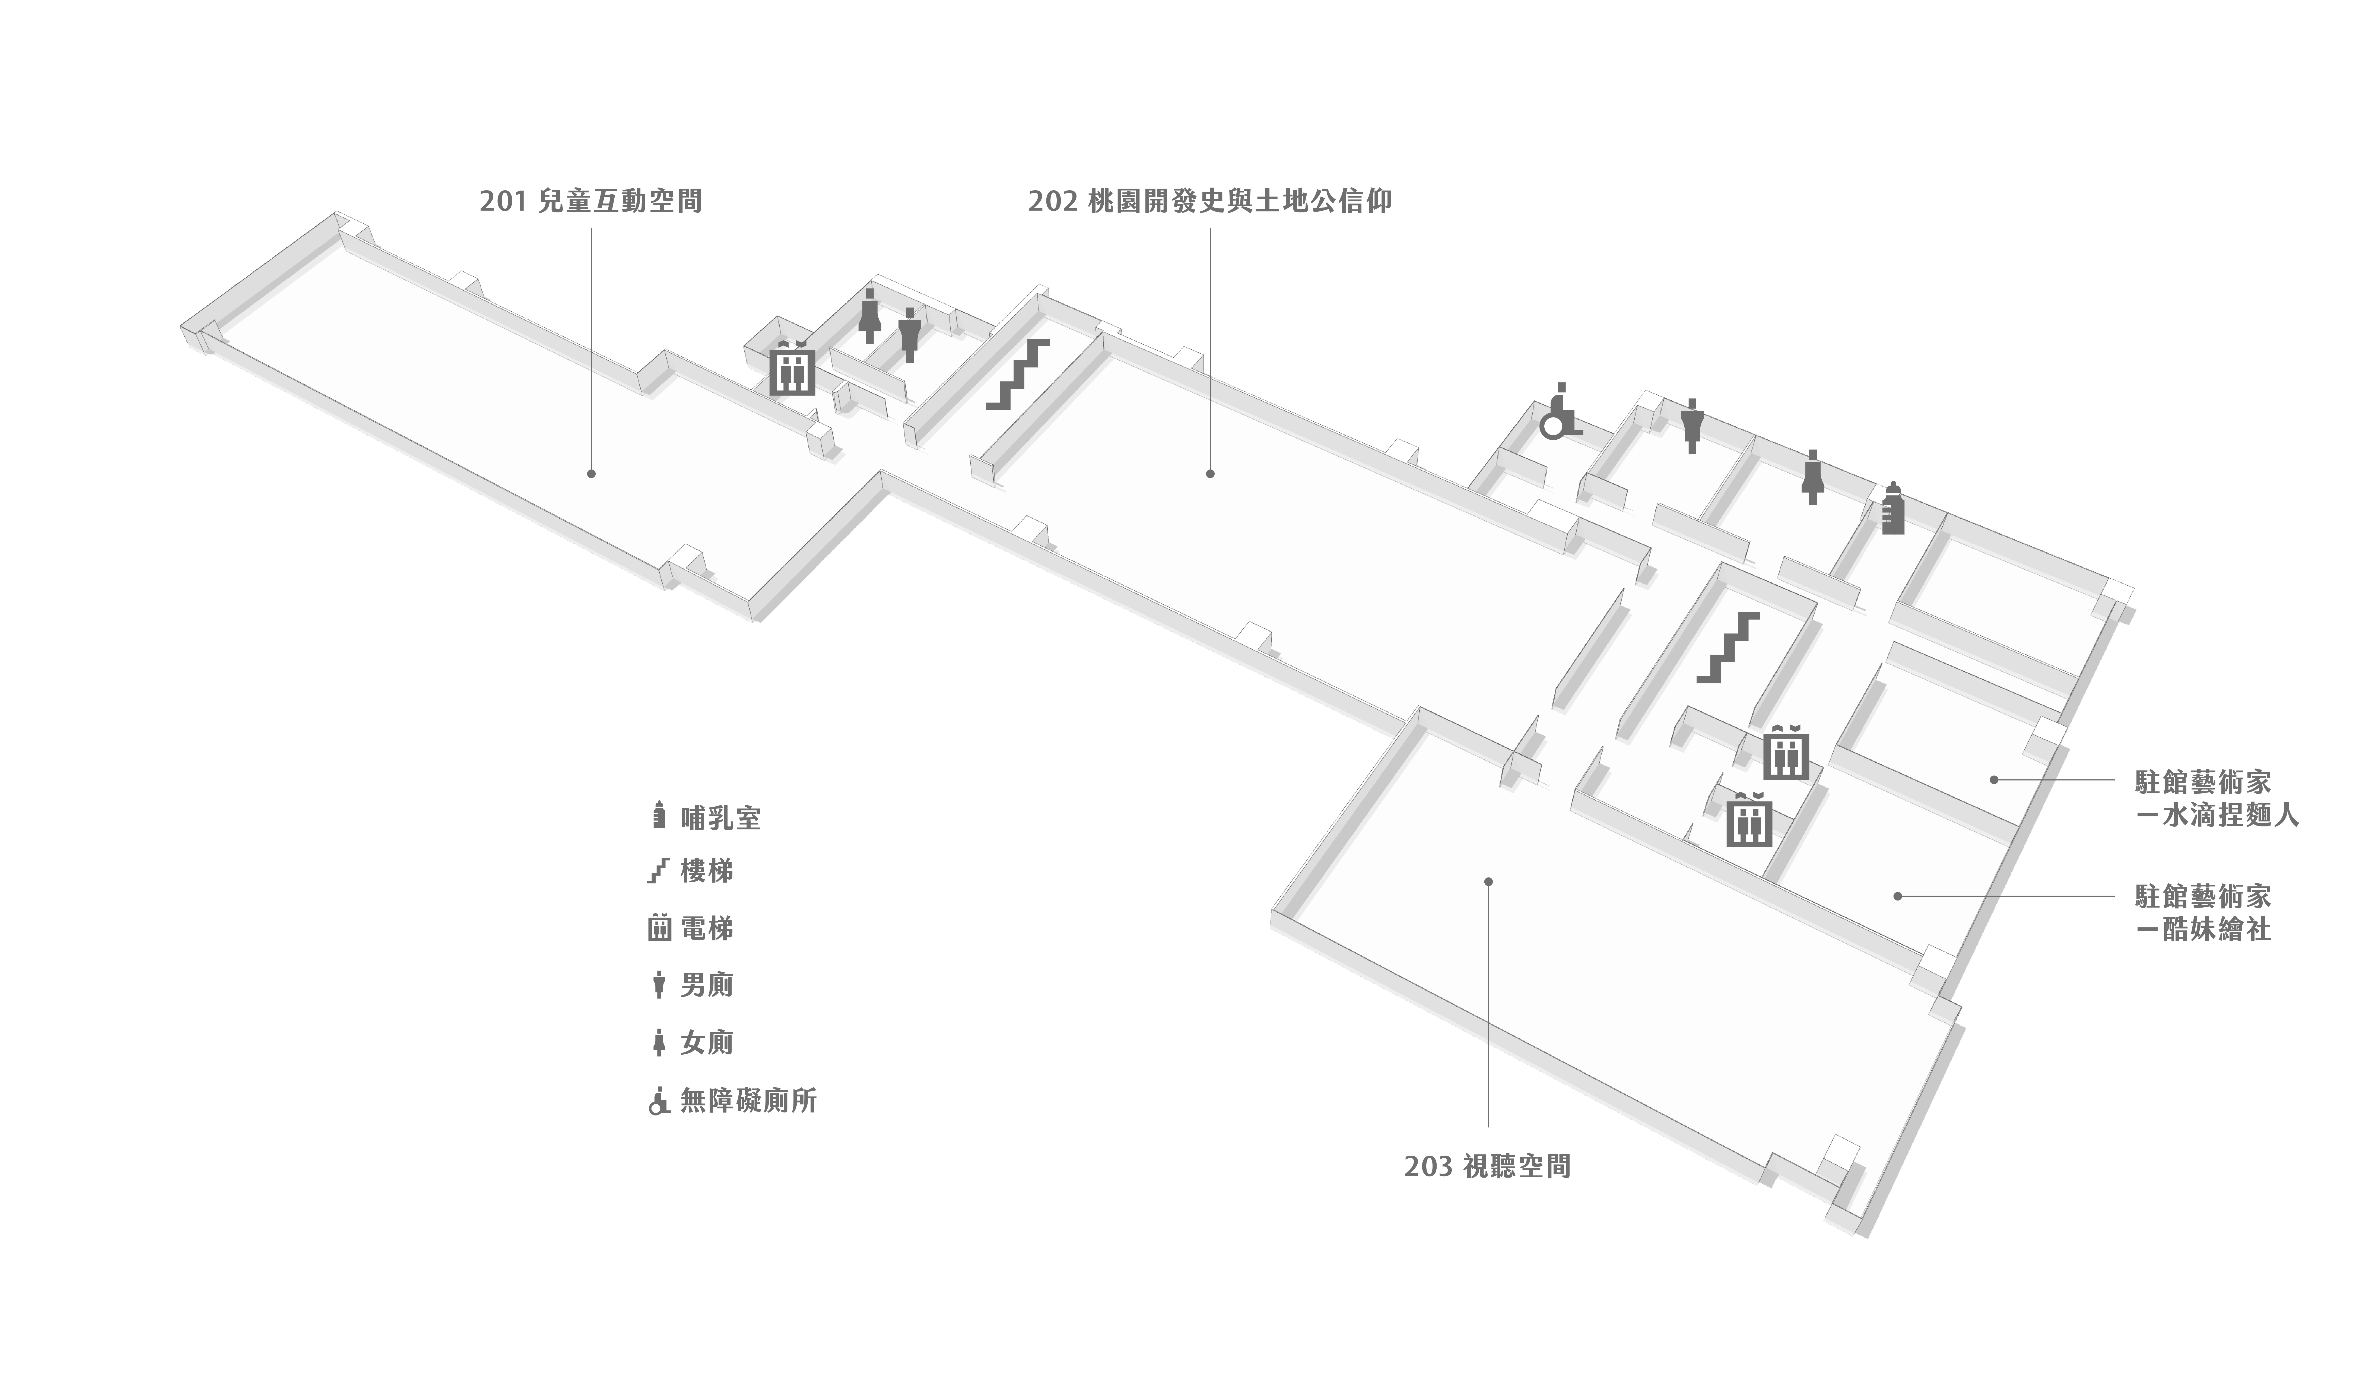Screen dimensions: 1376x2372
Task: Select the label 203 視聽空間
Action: tap(1487, 1167)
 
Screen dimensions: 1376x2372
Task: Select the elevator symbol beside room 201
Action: tap(793, 370)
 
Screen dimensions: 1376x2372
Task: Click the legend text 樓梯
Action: tap(706, 871)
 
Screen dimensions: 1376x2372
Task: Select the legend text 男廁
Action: tap(706, 985)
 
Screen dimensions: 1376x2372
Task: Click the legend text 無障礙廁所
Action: tap(748, 1100)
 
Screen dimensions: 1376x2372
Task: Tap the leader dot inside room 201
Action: tap(591, 473)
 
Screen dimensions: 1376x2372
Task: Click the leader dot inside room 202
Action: tap(1211, 473)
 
